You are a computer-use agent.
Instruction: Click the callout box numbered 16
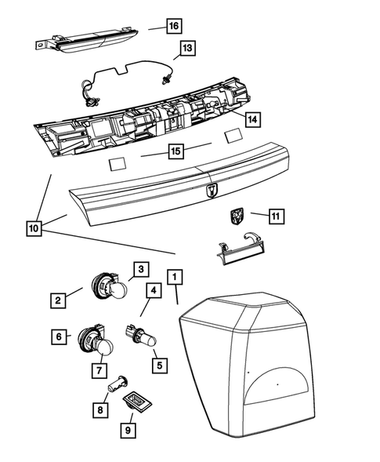173,26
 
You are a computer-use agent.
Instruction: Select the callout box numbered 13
185,49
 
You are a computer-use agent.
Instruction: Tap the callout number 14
252,119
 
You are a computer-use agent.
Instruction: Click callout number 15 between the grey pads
176,149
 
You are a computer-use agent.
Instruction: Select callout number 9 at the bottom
127,429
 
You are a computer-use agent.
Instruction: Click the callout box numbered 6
58,336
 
